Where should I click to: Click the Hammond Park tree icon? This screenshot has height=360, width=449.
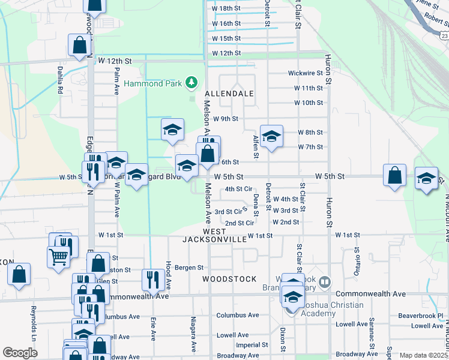point(191,81)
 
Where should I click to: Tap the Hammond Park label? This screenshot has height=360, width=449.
point(152,83)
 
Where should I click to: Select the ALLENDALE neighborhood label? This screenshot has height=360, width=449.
point(229,94)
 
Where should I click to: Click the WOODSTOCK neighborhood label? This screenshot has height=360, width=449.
point(229,279)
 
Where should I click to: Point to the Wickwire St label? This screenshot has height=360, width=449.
point(306,73)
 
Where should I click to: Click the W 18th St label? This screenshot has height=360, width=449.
point(226,8)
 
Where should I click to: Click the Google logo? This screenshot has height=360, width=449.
point(20,353)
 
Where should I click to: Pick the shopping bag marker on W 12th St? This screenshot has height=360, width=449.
point(79,45)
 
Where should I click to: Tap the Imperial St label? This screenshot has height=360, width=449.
point(252,345)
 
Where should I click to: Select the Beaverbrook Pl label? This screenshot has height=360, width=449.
point(420,316)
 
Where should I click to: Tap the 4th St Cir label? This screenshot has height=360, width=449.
point(238,189)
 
